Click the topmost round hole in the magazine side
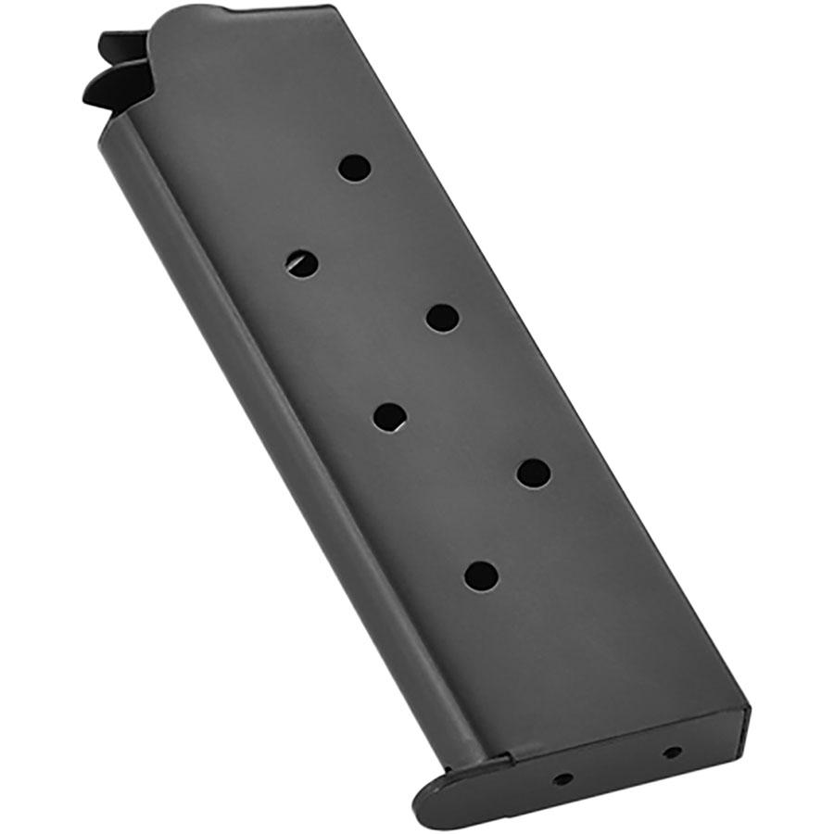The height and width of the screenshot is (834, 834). pyautogui.click(x=354, y=168)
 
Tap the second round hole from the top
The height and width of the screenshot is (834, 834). pyautogui.click(x=302, y=263)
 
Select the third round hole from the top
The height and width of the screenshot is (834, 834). pyautogui.click(x=443, y=318)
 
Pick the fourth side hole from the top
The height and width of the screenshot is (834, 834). pyautogui.click(x=390, y=416)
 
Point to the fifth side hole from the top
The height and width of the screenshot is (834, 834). pyautogui.click(x=534, y=474)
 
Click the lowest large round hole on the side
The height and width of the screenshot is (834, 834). pyautogui.click(x=481, y=575)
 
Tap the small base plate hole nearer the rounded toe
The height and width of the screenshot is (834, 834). pyautogui.click(x=562, y=778)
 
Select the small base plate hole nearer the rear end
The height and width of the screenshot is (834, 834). pyautogui.click(x=673, y=752)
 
